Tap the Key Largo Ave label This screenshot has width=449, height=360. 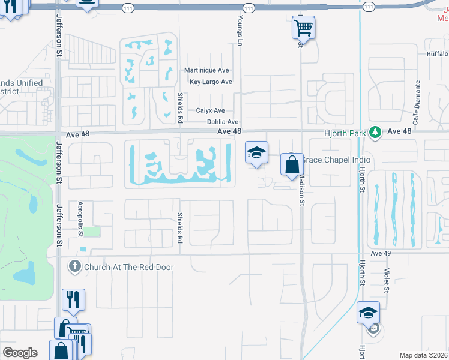pyautogui.click(x=210, y=82)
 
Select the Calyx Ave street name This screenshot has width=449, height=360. pyautogui.click(x=210, y=111)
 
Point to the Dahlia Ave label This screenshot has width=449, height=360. pyautogui.click(x=223, y=122)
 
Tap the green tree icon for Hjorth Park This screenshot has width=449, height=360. pyautogui.click(x=376, y=131)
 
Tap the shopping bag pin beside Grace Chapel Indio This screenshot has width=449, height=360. pyautogui.click(x=292, y=164)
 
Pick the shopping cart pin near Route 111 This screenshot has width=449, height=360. pyautogui.click(x=304, y=27)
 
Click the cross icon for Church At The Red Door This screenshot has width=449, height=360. pyautogui.click(x=75, y=266)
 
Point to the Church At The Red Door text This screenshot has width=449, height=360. pyautogui.click(x=129, y=267)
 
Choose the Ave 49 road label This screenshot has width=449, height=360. pyautogui.click(x=381, y=254)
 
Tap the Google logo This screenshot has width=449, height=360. pyautogui.click(x=20, y=353)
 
